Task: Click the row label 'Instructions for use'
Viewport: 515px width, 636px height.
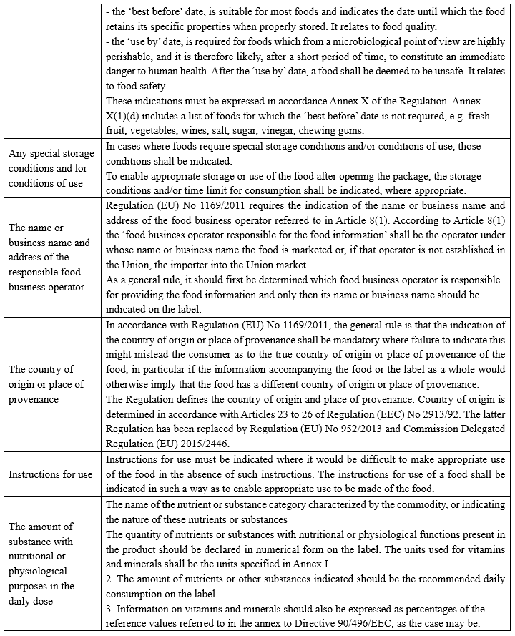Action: [x=51, y=475]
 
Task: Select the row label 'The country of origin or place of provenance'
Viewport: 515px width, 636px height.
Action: [x=46, y=385]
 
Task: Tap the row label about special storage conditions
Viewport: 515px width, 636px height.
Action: [x=51, y=169]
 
